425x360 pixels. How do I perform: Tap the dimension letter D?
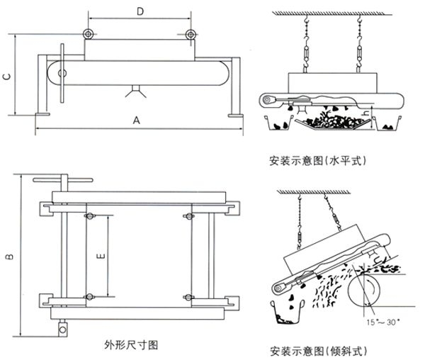(x=140, y=11)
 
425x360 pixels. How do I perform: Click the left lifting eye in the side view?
(x=87, y=35)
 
